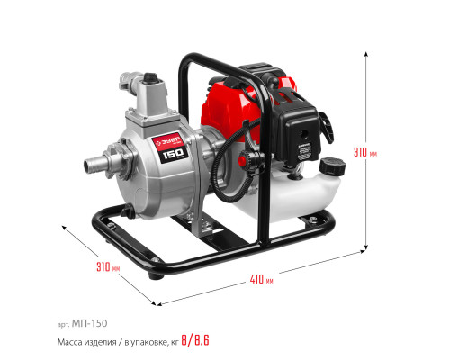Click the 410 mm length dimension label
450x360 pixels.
point(261,280)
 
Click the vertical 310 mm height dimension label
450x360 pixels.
point(365,152)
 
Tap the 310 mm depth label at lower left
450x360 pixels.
point(108,266)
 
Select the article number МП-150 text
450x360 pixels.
point(89,323)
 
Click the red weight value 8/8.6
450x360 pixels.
point(195,340)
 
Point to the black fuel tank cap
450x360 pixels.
point(332,166)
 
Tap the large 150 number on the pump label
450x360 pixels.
point(173,154)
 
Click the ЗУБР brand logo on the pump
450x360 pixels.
point(168,141)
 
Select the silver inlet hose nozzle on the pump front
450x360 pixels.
point(95,165)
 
